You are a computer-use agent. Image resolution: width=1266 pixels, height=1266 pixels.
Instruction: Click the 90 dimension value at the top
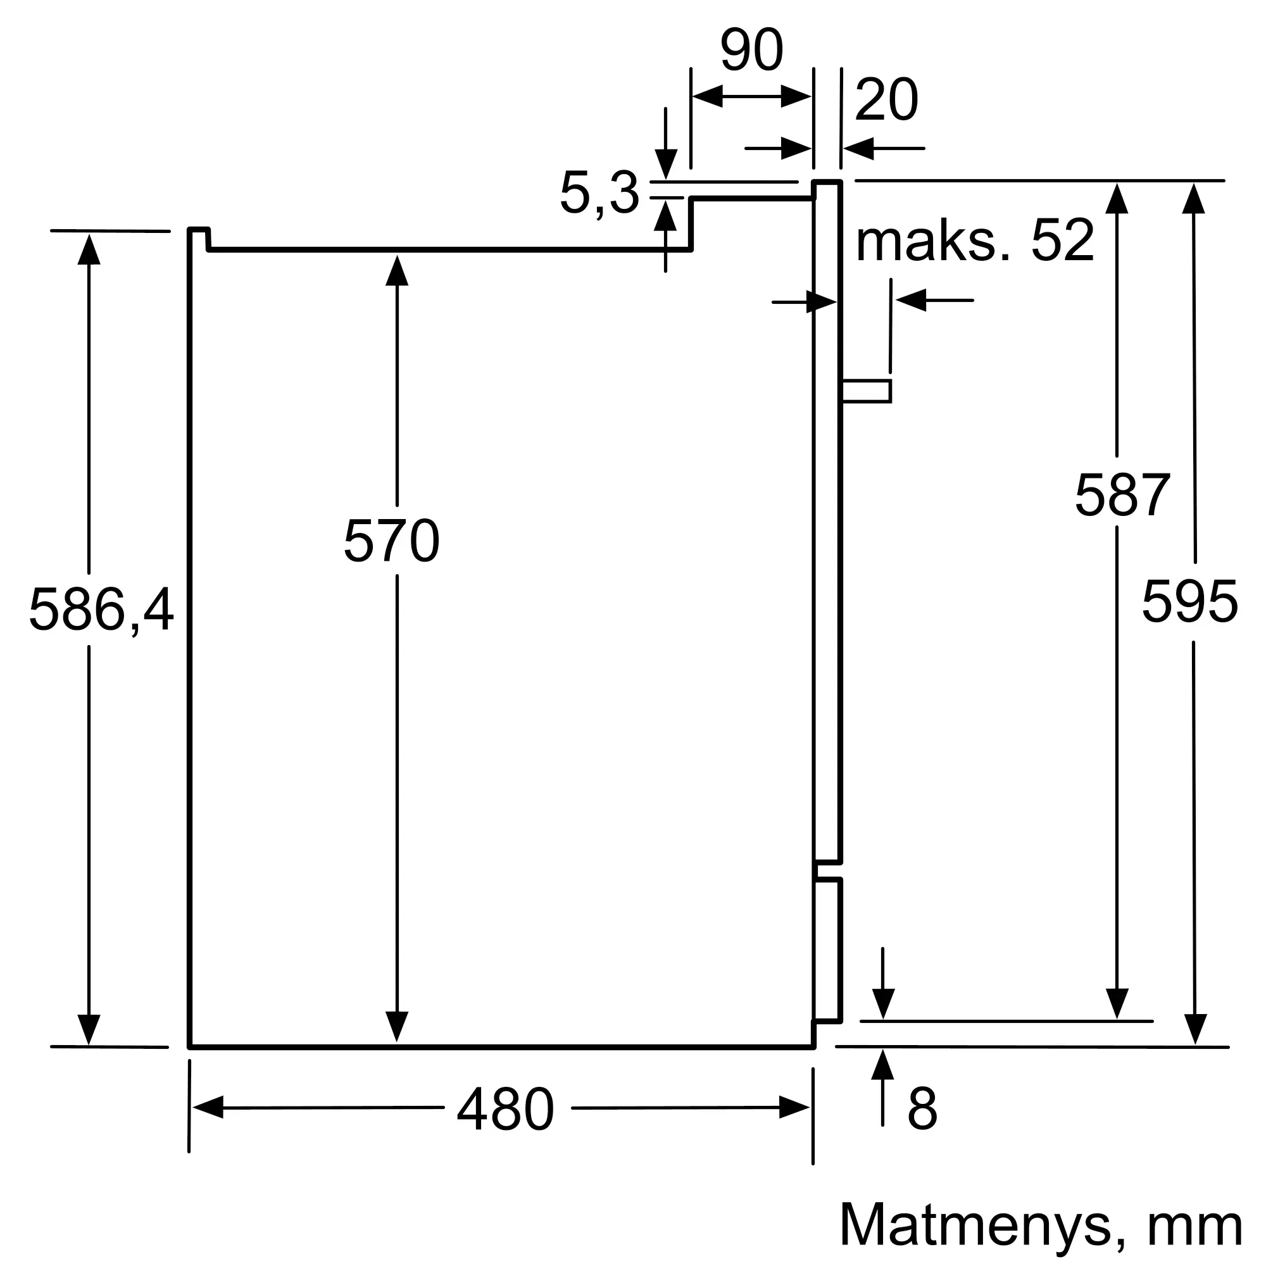pos(751,50)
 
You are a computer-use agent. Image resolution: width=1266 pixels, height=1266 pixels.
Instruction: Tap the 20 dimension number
pos(887,99)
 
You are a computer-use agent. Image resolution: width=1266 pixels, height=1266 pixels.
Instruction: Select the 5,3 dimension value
pos(599,193)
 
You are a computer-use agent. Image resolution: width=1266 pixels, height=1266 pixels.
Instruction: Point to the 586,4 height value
pos(101,610)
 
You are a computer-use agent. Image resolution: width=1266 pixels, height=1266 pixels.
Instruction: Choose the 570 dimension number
pos(391,541)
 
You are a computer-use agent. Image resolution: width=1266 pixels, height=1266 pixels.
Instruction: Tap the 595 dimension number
pos(1190,601)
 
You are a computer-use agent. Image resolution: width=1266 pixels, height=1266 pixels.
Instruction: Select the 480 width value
pos(506,1109)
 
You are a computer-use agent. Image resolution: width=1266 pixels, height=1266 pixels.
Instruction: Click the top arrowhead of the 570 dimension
pos(397,271)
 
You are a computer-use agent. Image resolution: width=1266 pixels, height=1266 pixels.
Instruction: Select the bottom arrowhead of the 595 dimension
pos(1195,1029)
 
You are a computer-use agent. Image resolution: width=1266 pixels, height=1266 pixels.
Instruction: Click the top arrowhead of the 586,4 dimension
pos(89,249)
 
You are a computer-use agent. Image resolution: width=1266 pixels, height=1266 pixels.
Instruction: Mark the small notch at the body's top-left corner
pos(199,239)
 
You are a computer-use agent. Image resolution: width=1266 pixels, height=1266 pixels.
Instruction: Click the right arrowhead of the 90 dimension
pos(796,96)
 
